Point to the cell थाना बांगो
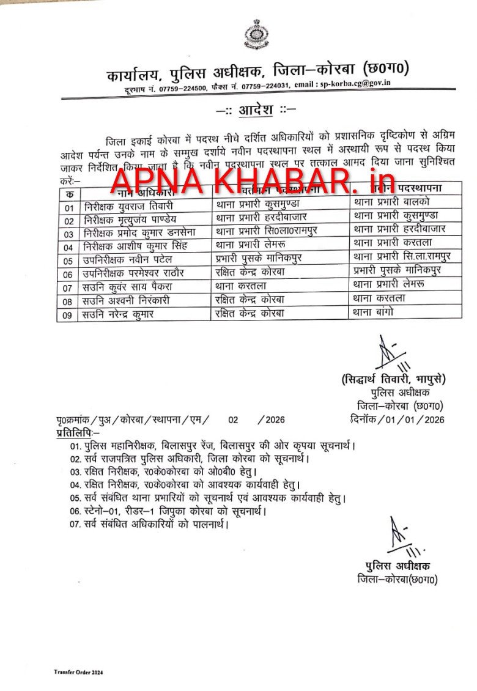(x=373, y=311)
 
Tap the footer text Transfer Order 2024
(x=78, y=672)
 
